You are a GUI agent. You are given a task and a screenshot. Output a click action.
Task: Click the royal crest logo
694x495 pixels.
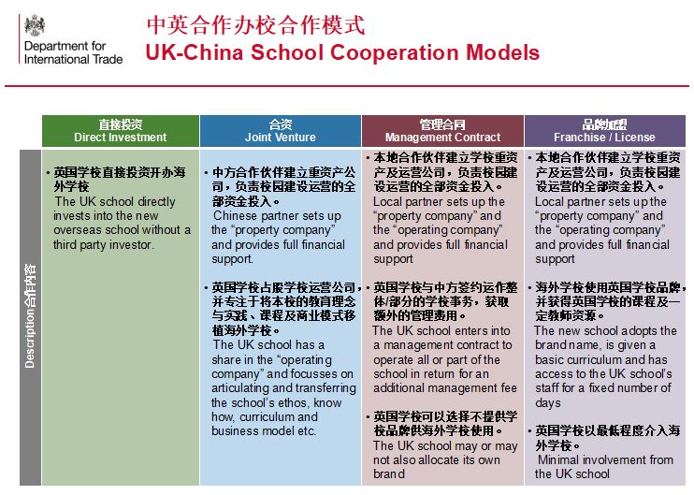point(35,24)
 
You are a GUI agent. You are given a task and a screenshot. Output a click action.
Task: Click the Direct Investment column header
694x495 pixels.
point(121,131)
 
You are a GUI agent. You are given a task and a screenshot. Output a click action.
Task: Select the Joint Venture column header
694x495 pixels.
point(281,131)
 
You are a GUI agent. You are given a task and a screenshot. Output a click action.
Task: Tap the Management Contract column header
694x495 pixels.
point(442,131)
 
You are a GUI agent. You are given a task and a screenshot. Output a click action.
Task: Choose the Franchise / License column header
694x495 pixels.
point(604,131)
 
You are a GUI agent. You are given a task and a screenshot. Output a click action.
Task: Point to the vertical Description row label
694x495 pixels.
point(30,316)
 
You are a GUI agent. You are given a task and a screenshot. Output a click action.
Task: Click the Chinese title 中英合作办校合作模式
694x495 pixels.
point(256,24)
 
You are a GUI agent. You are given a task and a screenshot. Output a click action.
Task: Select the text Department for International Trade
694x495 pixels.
point(74,52)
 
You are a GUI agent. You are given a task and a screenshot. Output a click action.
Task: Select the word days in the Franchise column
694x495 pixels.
point(548,403)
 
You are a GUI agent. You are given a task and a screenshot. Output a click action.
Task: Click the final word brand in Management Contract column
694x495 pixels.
point(388,473)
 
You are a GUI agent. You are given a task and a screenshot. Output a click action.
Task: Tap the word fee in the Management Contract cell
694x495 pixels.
point(509,387)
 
